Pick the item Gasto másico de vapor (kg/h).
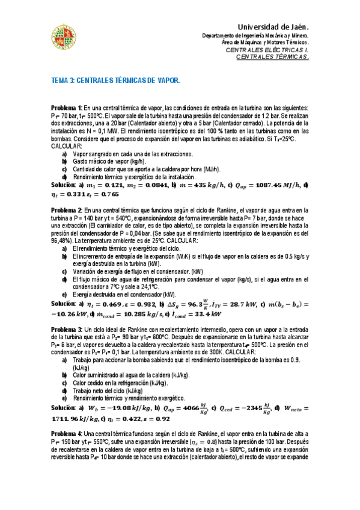tap(109, 162)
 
